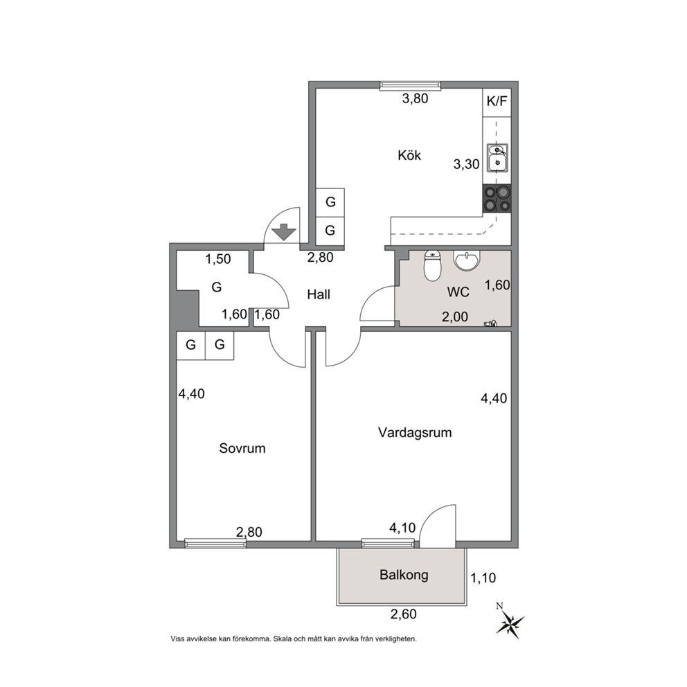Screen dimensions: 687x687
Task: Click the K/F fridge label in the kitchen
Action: click(497, 102)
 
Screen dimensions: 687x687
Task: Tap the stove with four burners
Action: click(497, 199)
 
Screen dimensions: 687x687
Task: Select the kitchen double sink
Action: click(497, 158)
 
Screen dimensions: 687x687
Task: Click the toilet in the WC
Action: click(432, 266)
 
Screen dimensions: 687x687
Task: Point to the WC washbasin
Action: click(467, 260)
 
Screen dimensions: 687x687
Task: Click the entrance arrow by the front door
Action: click(285, 232)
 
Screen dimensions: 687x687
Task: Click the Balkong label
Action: click(404, 574)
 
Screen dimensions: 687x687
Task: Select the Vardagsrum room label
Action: click(414, 433)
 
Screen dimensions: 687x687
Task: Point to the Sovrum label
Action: click(242, 448)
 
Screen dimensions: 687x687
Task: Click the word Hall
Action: click(319, 294)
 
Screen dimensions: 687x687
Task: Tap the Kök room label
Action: click(409, 155)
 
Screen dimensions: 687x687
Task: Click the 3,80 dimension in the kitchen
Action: click(415, 98)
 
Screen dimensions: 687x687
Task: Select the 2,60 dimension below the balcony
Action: click(404, 614)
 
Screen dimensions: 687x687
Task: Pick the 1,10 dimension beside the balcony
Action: click(483, 578)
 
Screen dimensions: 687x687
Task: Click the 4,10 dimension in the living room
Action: click(402, 528)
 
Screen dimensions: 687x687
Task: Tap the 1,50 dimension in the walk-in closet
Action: click(217, 259)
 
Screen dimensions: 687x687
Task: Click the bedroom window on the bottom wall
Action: click(215, 543)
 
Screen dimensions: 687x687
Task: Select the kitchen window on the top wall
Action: click(410, 85)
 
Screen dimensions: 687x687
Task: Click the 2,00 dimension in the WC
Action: click(455, 316)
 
